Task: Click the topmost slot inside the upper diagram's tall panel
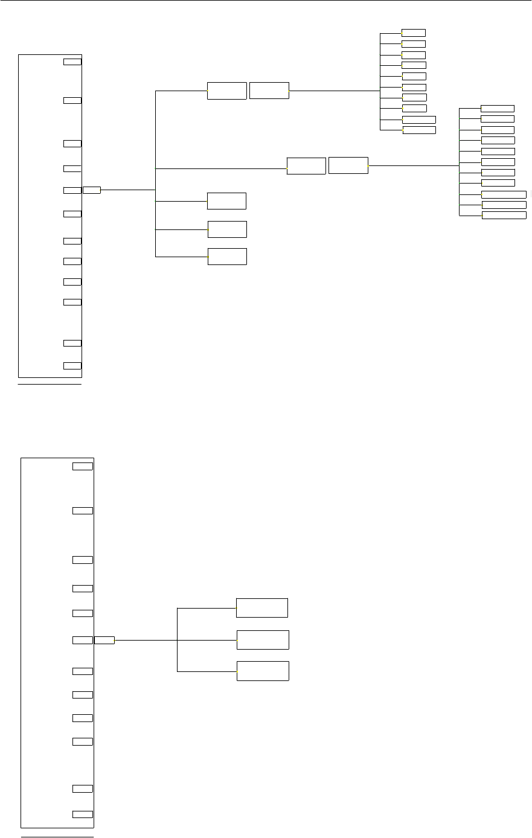click(72, 62)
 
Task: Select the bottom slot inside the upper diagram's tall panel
click(72, 365)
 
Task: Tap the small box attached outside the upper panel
click(92, 190)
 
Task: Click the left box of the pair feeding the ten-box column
click(227, 91)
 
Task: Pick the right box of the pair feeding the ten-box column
click(269, 91)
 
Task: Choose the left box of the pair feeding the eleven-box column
click(306, 165)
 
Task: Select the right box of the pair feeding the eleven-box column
click(348, 165)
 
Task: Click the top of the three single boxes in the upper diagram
click(226, 200)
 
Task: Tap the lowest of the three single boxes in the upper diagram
click(228, 256)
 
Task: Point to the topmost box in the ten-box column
click(414, 33)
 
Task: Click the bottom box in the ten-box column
click(419, 130)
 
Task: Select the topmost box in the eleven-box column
click(498, 108)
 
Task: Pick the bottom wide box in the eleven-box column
click(504, 215)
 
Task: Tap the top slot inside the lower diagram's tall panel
click(83, 466)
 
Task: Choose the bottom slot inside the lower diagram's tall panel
click(83, 814)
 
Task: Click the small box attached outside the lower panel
click(104, 640)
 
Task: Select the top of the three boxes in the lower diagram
click(262, 608)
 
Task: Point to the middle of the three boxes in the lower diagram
click(263, 639)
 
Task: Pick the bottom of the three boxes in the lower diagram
click(263, 671)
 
